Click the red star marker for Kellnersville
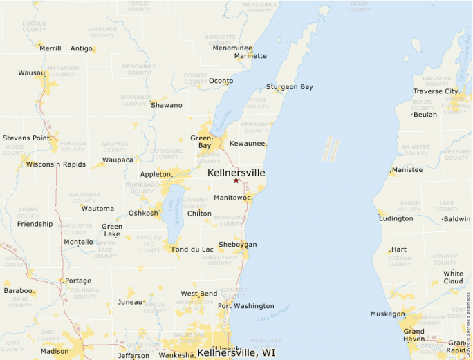236,180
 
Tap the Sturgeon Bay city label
289,87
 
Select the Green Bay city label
201,142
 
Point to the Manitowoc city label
232,198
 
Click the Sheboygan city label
237,245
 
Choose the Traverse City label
436,91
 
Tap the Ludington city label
396,218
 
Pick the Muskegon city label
387,314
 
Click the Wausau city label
31,73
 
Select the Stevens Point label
27,138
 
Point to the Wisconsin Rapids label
55,164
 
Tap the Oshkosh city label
143,213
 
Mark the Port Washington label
245,306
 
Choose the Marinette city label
250,56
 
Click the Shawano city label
167,105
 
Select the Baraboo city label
18,291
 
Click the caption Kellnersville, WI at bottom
236,352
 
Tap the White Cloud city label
454,277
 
